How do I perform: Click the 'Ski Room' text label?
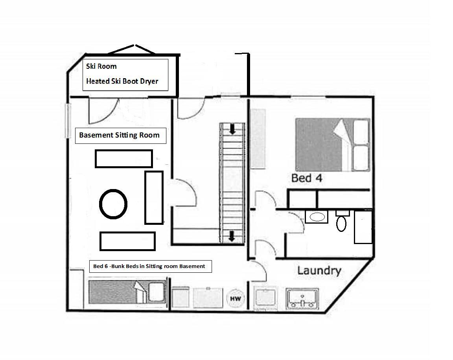[x=101, y=66]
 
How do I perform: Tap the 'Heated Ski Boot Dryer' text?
[x=122, y=81]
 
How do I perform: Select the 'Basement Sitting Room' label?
[x=119, y=135]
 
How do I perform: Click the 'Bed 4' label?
[x=307, y=178]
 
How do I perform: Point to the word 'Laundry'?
[x=319, y=271]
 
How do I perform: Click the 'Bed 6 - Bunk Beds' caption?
[x=149, y=266]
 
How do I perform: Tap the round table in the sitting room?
[x=113, y=204]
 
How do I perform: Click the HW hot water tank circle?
[x=236, y=298]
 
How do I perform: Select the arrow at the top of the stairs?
[x=232, y=129]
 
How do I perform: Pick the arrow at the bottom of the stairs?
[x=231, y=236]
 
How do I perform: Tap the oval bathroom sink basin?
[x=317, y=217]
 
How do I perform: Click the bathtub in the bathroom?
[x=363, y=227]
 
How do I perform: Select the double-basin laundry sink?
[x=302, y=299]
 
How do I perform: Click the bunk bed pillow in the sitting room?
[x=156, y=292]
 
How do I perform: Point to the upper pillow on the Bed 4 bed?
[x=361, y=132]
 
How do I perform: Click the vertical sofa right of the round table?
[x=154, y=197]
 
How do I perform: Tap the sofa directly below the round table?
[x=127, y=241]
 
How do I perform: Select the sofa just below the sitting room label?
[x=123, y=158]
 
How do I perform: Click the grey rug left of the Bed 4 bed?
[x=258, y=139]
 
